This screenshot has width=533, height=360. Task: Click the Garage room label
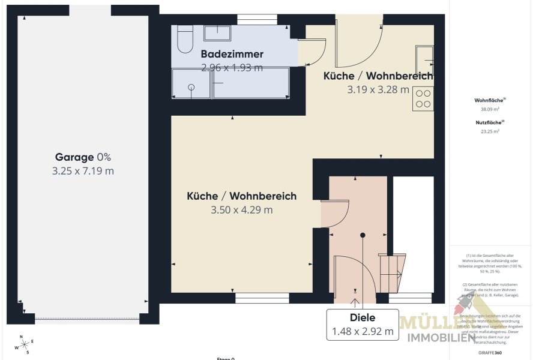coord(75,157)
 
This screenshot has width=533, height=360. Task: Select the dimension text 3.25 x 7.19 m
coord(83,171)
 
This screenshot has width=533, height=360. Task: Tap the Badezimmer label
coord(232,55)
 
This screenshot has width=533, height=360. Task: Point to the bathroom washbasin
coord(213,33)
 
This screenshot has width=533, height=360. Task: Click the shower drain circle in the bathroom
coord(191,87)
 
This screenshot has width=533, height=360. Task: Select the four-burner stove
coord(423,98)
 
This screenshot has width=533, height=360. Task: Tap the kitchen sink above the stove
coord(424,58)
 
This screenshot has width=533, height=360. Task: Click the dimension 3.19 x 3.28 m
coord(378,90)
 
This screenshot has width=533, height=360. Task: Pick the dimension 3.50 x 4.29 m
coord(241,210)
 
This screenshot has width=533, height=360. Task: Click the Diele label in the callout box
coord(363,318)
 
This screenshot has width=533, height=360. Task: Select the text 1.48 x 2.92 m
coord(363,331)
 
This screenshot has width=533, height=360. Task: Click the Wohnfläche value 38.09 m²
coord(487,110)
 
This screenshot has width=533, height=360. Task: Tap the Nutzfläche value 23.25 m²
coord(487,131)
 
